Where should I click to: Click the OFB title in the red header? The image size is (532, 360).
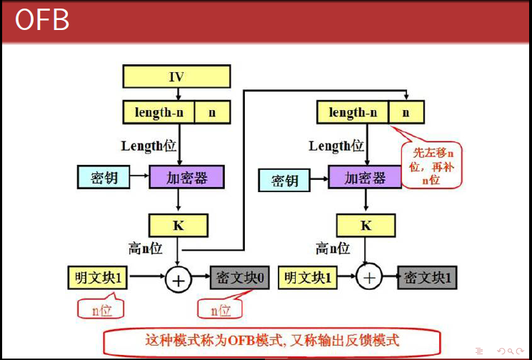click(42, 20)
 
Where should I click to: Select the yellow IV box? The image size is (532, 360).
click(176, 76)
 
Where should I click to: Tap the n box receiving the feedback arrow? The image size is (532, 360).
click(406, 112)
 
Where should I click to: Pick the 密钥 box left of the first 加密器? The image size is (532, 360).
click(104, 177)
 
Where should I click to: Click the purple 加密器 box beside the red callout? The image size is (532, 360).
click(365, 177)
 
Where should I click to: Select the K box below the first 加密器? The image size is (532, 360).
click(179, 225)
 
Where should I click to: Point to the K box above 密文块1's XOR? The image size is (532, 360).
click(366, 225)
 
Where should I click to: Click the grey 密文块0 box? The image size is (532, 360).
click(239, 278)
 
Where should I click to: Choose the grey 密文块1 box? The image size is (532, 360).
click(427, 278)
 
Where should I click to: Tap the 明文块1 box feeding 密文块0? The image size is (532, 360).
click(98, 278)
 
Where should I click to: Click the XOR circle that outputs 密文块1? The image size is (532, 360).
click(369, 278)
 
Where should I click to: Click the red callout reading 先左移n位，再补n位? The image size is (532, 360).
click(431, 165)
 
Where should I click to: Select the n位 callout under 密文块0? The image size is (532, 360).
click(221, 307)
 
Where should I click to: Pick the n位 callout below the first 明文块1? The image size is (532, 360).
click(101, 307)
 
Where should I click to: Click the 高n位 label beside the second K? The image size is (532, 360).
click(333, 249)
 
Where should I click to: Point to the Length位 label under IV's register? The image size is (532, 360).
click(149, 146)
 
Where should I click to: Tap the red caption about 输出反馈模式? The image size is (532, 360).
click(271, 340)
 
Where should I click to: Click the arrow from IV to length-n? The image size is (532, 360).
click(178, 94)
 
